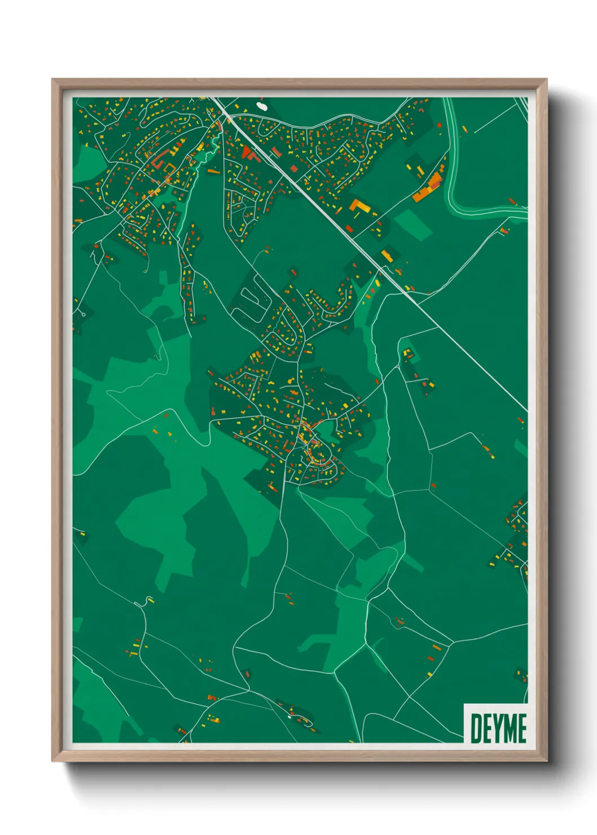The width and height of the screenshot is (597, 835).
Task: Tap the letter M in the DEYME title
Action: pos(507,728)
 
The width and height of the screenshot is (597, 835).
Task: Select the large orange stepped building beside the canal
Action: pos(428,188)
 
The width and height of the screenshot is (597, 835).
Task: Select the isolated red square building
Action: pos(293,168)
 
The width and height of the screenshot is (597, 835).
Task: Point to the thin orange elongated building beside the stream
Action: pos(213,170)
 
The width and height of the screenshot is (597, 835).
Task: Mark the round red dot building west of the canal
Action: pos(439,125)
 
